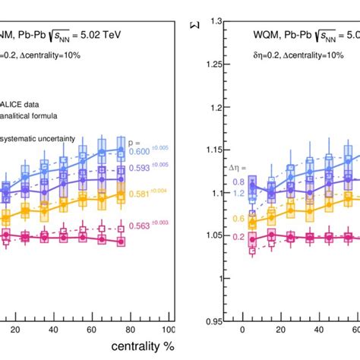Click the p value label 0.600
point(149,153)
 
